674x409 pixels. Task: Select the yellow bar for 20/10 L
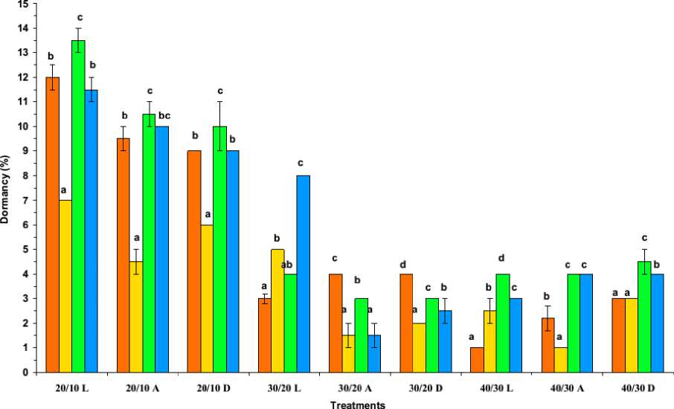point(65,286)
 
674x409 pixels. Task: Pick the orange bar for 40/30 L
point(477,360)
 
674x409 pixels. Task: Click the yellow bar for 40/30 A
point(560,360)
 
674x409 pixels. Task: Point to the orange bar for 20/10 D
point(195,261)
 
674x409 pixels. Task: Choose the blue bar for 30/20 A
point(373,354)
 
